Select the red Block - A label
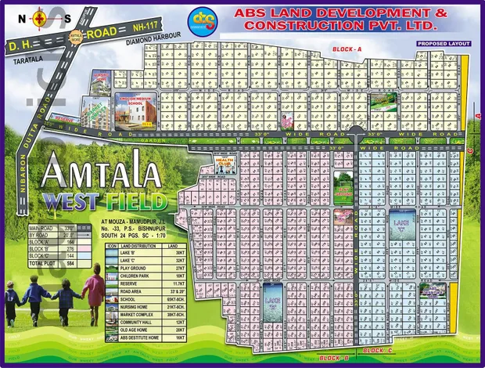(347, 49)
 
